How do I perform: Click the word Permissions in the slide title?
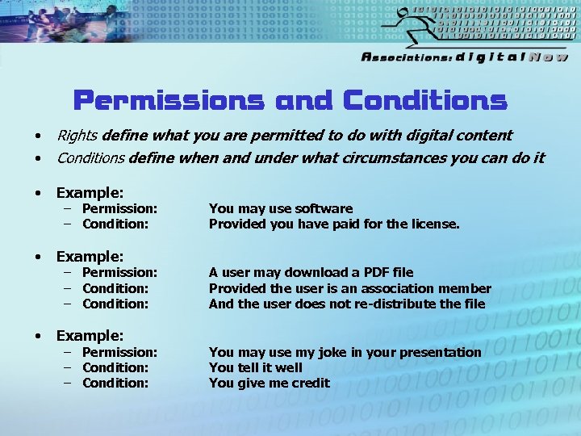pos(168,101)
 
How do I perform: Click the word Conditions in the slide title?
pos(424,101)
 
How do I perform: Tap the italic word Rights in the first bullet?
pos(77,136)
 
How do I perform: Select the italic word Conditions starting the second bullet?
pos(90,158)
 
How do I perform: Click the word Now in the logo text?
pos(549,57)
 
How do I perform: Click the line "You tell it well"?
pos(256,367)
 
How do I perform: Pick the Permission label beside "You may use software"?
pos(119,208)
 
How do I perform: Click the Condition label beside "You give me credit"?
pos(115,383)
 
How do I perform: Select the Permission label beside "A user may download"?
pos(119,273)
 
